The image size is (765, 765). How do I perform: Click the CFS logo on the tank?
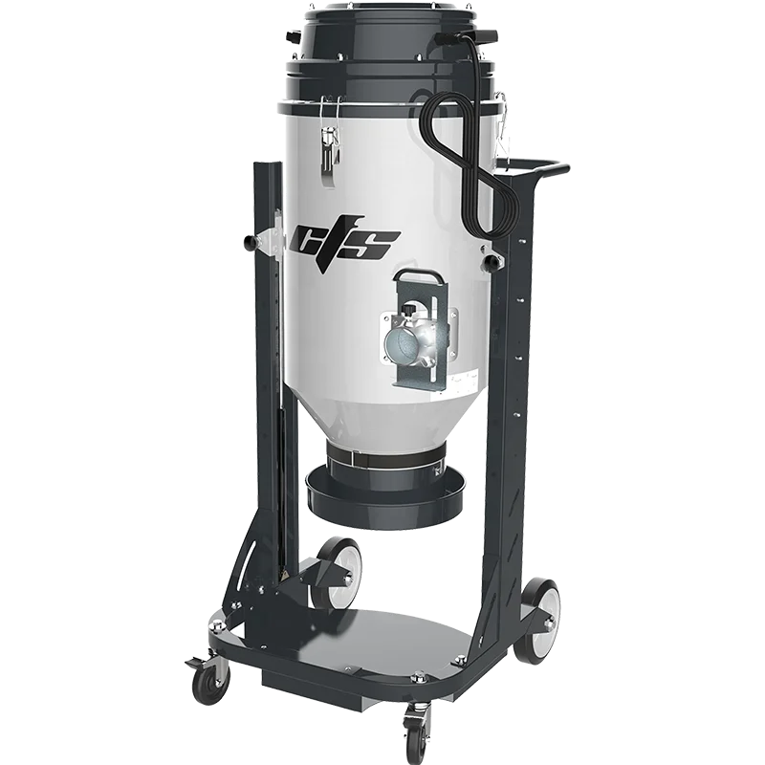click(x=347, y=241)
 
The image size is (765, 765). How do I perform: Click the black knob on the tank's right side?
click(x=492, y=261)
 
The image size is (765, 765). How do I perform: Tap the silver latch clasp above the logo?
click(x=330, y=153)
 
